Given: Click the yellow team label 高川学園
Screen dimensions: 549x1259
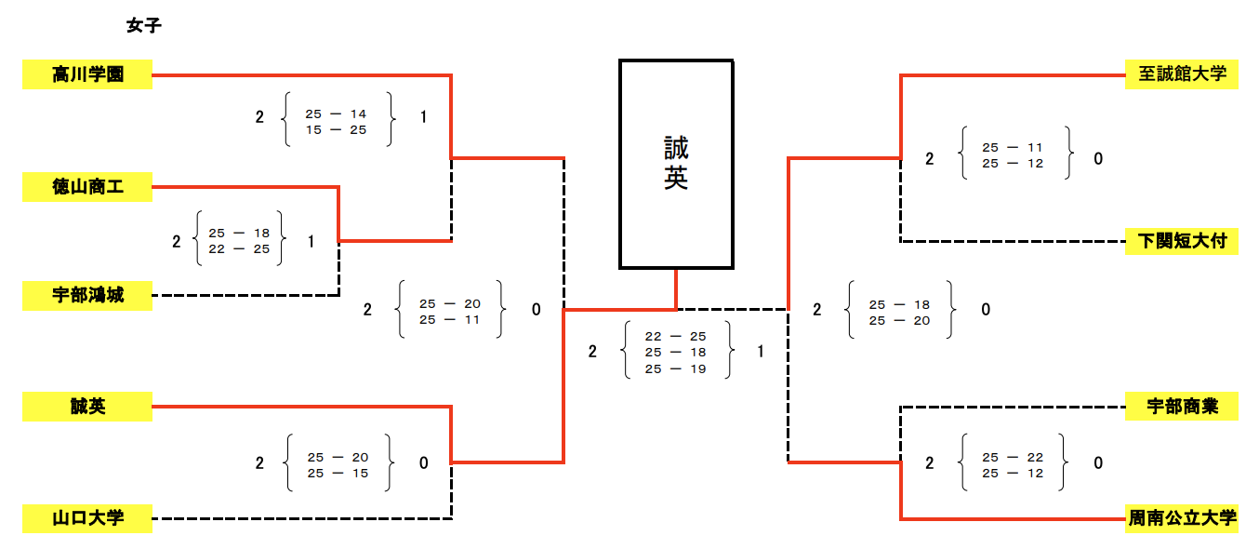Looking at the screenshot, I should click(87, 74).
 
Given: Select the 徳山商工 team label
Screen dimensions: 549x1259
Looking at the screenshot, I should click(87, 187).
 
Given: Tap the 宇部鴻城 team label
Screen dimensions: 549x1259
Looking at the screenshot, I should click(87, 296).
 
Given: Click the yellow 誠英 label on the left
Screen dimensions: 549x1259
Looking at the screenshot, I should click(87, 407).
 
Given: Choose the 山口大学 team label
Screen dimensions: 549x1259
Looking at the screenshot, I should click(87, 517).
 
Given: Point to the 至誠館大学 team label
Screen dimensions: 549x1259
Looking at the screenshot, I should click(1181, 74).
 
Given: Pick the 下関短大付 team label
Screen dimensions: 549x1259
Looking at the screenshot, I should click(1181, 241).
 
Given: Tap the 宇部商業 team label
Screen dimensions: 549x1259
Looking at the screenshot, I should click(1181, 407).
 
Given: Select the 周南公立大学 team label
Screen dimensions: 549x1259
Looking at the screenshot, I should click(1181, 517).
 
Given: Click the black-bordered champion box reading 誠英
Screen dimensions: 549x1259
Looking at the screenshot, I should click(676, 165).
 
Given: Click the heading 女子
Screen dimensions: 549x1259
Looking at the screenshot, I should click(144, 26).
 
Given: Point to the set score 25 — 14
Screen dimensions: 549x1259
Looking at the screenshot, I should click(336, 114).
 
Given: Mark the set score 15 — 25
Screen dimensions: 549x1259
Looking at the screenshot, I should click(336, 130).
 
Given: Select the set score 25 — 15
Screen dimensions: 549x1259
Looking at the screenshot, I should click(338, 473).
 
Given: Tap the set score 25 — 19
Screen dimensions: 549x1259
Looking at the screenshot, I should click(675, 368).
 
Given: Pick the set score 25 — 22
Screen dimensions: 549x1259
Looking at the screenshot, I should click(1013, 457).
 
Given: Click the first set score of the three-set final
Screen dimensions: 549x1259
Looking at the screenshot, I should click(675, 336).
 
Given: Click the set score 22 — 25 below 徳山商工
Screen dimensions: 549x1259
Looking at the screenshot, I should click(239, 248).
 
